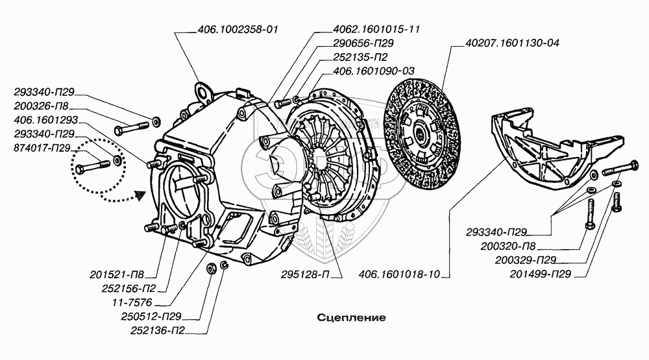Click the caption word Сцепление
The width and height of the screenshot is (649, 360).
352,318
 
